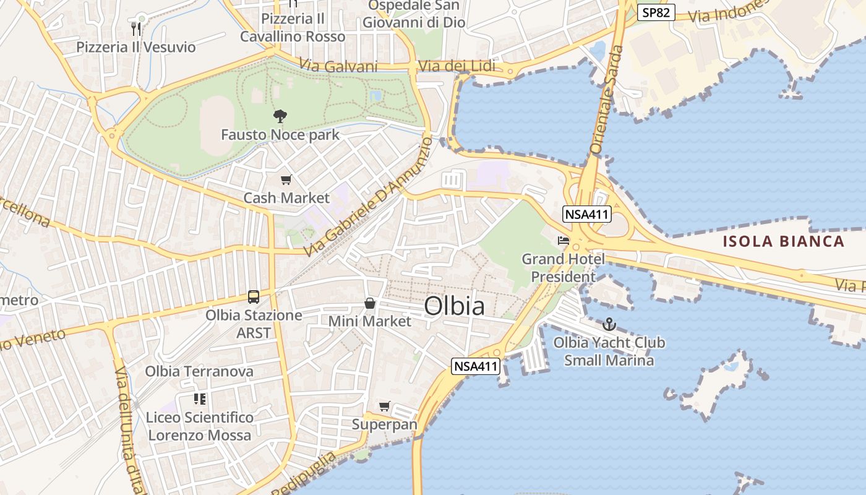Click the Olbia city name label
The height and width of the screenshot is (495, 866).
[x=455, y=306]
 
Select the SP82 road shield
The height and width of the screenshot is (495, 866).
[x=656, y=12]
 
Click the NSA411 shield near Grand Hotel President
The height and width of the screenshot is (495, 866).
[x=586, y=215]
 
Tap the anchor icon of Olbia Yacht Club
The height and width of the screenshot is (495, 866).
[x=609, y=324]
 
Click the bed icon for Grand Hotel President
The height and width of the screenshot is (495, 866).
[x=563, y=241]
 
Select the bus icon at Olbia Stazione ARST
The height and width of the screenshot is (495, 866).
[x=254, y=297]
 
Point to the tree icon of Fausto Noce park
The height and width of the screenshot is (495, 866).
[x=280, y=116]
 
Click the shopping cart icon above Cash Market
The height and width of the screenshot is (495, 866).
[x=286, y=180]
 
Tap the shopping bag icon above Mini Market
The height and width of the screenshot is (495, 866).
[x=369, y=303]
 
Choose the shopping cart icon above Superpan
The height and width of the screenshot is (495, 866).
[x=385, y=407]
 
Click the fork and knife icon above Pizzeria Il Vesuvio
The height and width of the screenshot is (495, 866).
[x=136, y=28]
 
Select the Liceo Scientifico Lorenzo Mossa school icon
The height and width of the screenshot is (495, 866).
[x=199, y=399]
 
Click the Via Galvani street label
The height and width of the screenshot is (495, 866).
[x=338, y=66]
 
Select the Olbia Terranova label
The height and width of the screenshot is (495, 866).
[x=199, y=371]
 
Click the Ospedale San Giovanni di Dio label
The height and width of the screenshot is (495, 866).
[x=414, y=14]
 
